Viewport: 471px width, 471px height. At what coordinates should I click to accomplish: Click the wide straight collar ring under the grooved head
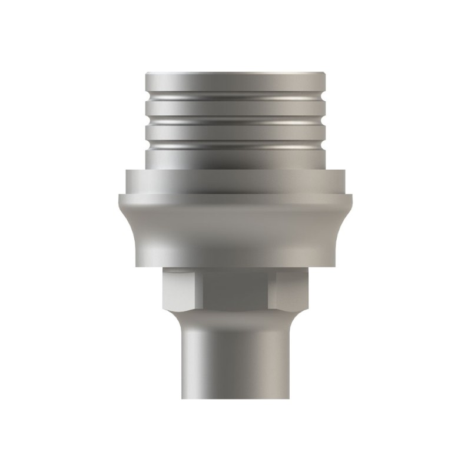coord(235,181)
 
